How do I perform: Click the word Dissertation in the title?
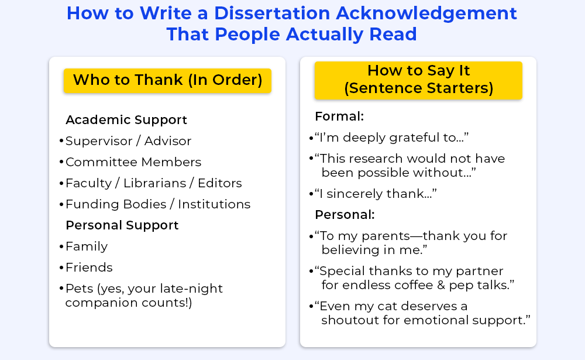point(272,13)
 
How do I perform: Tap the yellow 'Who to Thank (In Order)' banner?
point(167,80)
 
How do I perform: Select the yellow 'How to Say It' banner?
point(418,80)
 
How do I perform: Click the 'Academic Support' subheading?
point(126,120)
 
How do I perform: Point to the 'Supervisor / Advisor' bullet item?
point(128,141)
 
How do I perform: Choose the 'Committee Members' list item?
point(133,162)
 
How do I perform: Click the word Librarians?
point(154,183)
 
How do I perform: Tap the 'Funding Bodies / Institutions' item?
point(158,204)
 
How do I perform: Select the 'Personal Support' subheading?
point(122,225)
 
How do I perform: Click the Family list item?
point(87,246)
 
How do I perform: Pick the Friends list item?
point(89,268)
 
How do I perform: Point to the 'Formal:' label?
point(339,116)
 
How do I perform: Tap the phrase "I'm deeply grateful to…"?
point(391,138)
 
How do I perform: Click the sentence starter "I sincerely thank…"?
point(376,194)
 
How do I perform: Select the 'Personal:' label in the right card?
point(345,215)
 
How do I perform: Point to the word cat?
point(387,307)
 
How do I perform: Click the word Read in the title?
point(393,35)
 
